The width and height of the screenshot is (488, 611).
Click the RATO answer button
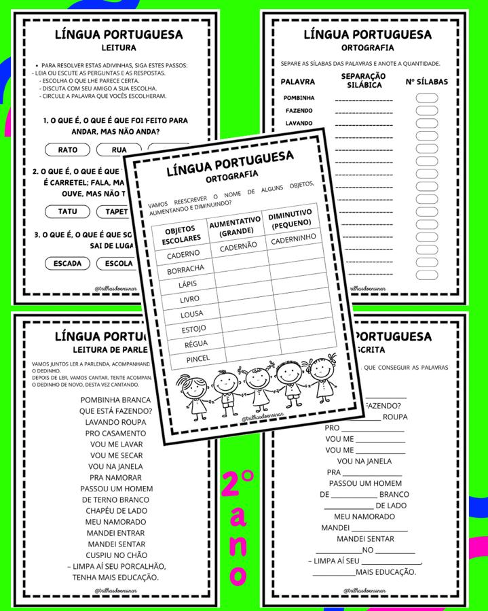tap(68, 150)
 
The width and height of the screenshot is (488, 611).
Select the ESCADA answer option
tap(67, 263)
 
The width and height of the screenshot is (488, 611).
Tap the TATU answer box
tap(68, 211)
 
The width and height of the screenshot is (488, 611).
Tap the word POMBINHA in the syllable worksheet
tap(299, 98)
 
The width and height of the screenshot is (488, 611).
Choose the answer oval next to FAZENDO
tap(426, 110)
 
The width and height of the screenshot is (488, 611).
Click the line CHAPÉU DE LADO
tap(115, 511)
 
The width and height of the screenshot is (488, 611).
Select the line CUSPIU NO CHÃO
tap(116, 555)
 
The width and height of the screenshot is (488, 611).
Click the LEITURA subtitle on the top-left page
tap(119, 48)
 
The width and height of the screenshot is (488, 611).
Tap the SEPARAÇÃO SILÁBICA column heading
tap(363, 80)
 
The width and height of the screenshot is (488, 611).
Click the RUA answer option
tap(119, 150)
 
